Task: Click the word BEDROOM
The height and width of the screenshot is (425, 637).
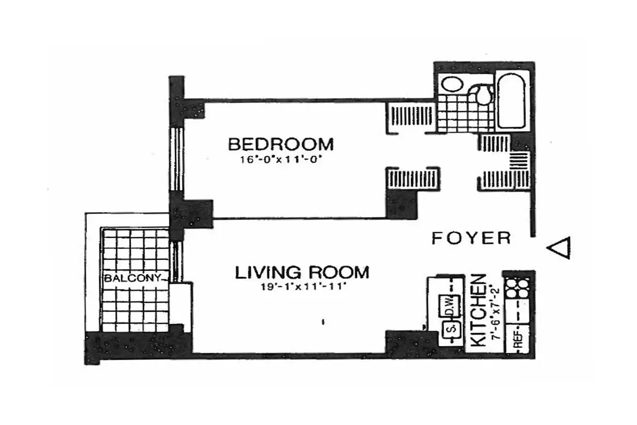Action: click(281, 144)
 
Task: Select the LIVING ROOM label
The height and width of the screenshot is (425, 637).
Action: click(302, 273)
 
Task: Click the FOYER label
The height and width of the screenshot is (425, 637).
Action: click(471, 238)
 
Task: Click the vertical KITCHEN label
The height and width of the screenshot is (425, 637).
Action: click(478, 311)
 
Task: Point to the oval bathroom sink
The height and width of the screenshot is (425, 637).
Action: click(452, 85)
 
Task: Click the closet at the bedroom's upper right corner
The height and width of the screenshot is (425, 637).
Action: click(410, 116)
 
